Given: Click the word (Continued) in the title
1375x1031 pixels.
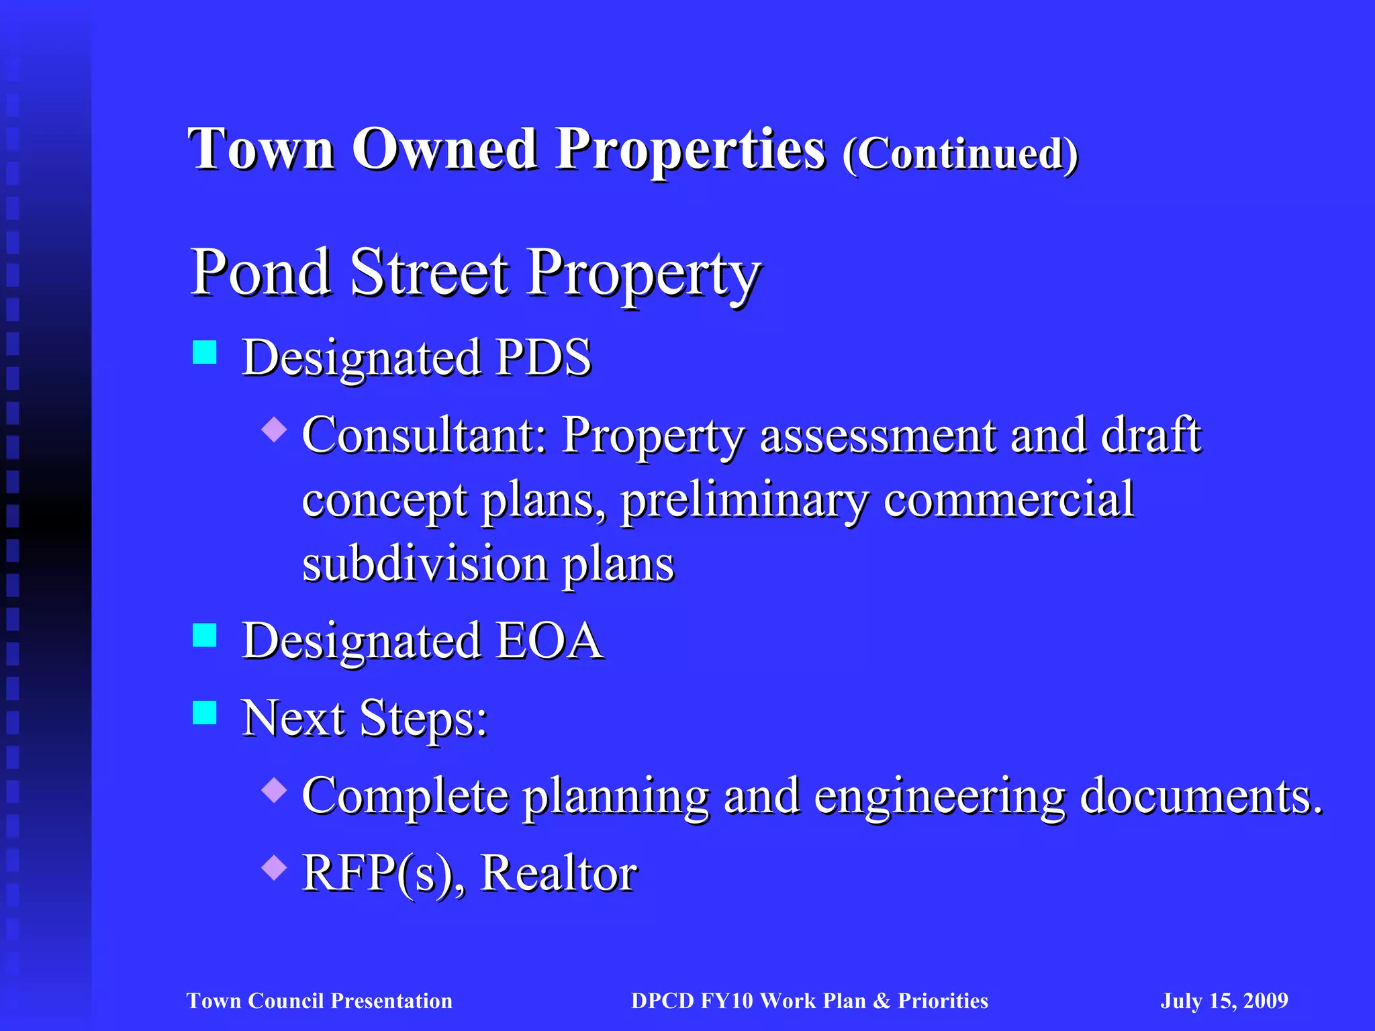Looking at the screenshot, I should pyautogui.click(x=960, y=154).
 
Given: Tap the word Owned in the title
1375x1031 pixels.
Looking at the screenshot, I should pyautogui.click(x=444, y=149).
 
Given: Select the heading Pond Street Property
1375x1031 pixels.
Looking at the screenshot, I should pyautogui.click(x=475, y=274).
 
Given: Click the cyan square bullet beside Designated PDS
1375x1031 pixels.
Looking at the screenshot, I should pyautogui.click(x=205, y=352).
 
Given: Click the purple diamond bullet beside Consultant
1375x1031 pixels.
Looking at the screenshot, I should pyautogui.click(x=274, y=429).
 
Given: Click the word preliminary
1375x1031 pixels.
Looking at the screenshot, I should pyautogui.click(x=744, y=501).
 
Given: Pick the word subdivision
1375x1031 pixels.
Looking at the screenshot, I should pyautogui.click(x=424, y=564).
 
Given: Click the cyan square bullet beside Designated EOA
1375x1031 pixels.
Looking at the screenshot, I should pyautogui.click(x=205, y=635).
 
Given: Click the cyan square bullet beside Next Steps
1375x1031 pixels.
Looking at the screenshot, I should pyautogui.click(x=205, y=713).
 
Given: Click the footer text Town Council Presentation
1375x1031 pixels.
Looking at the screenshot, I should pyautogui.click(x=320, y=1001).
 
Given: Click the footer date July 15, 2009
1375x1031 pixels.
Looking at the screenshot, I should pyautogui.click(x=1224, y=1001).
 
